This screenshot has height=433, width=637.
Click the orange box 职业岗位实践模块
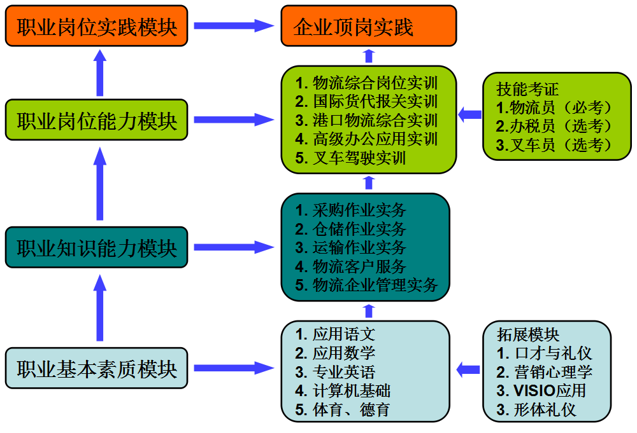point(97,27)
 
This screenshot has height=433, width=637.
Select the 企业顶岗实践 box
point(368,26)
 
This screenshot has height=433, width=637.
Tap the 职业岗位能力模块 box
point(97,120)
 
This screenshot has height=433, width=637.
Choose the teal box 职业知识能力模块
point(97,247)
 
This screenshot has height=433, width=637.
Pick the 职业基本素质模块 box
point(97,368)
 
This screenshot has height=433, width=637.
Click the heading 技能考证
point(528,89)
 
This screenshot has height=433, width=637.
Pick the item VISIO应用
point(541,390)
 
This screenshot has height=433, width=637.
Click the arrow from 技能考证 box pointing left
point(469,115)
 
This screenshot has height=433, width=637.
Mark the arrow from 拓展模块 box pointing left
point(468,369)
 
